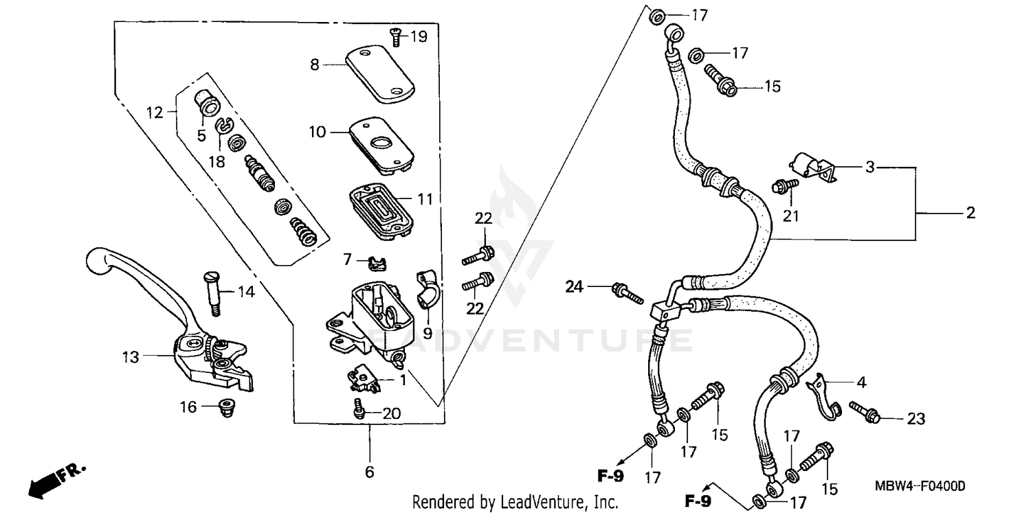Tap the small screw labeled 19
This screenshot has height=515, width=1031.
click(397, 37)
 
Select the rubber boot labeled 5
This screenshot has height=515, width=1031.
click(206, 104)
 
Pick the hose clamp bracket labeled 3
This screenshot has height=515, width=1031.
click(813, 167)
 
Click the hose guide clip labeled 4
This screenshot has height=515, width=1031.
click(823, 396)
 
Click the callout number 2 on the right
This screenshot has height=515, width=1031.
click(970, 214)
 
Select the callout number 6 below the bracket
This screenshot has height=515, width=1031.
click(369, 472)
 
